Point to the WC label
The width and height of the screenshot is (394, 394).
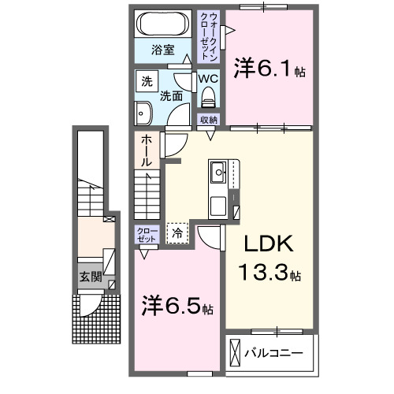click(x=208, y=79)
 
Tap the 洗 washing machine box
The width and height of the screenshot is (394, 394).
click(x=147, y=80)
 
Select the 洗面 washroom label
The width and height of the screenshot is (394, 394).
click(x=172, y=96)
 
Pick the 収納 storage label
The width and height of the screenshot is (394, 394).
click(x=208, y=120)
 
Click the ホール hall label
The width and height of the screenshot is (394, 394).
click(x=147, y=150)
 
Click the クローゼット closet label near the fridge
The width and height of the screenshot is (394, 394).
click(x=147, y=234)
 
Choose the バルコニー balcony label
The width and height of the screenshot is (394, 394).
click(x=273, y=351)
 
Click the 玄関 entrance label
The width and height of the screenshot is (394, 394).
click(x=91, y=277)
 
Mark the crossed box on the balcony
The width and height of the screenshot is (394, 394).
click(x=236, y=353)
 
